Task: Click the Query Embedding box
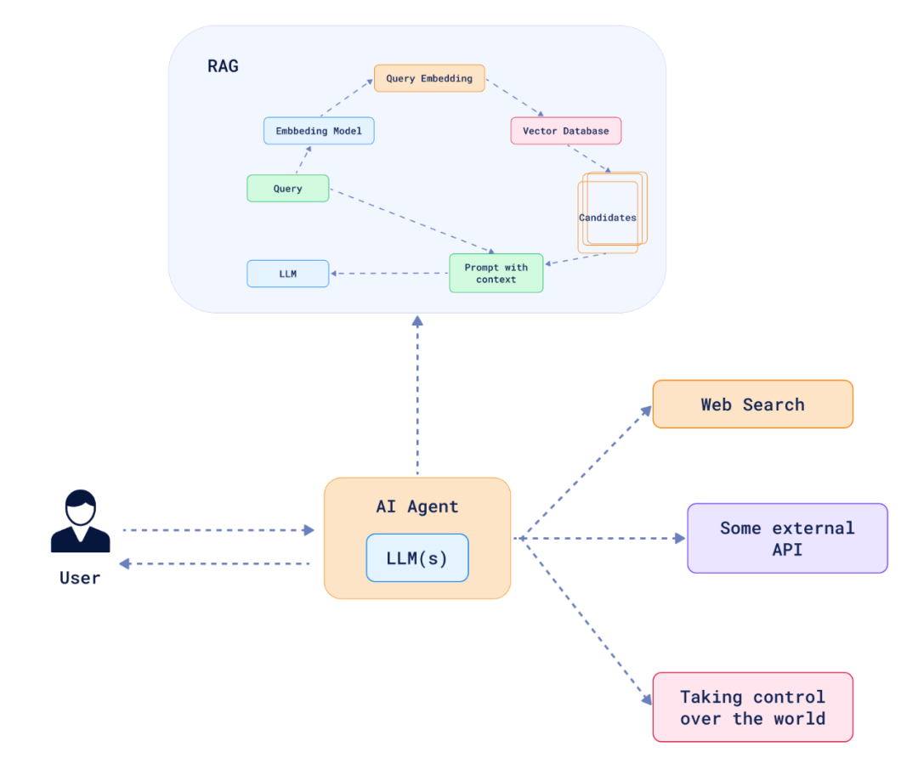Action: (x=429, y=78)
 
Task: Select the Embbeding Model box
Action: (x=319, y=131)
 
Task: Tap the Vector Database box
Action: (x=565, y=131)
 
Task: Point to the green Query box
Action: (x=287, y=189)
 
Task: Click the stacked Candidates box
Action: (x=609, y=217)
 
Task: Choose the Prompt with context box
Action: (x=496, y=273)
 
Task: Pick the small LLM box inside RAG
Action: (x=287, y=274)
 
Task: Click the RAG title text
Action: (x=223, y=65)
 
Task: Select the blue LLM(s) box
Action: (x=416, y=557)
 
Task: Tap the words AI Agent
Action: (x=416, y=506)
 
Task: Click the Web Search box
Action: (x=752, y=404)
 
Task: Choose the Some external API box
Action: (x=787, y=538)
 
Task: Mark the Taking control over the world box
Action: (x=752, y=707)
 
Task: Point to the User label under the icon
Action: (x=80, y=578)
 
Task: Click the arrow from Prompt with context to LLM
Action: (x=389, y=273)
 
